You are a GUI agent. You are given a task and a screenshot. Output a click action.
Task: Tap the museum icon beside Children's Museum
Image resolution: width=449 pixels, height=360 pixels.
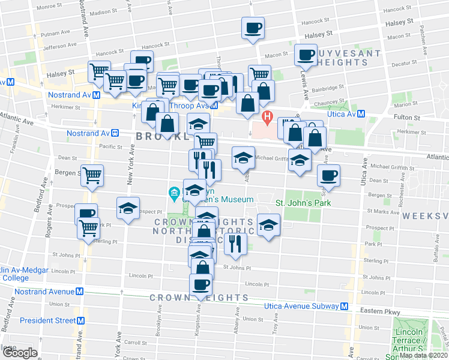(174, 193)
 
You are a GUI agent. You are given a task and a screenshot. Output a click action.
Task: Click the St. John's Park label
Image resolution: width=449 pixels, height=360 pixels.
(303, 203)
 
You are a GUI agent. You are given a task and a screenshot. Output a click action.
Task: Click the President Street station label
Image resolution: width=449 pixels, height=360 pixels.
(48, 320)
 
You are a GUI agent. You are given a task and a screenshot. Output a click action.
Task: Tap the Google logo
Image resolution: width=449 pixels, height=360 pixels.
(19, 353)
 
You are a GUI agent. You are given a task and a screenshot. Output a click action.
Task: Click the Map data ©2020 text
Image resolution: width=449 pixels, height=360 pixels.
(423, 355)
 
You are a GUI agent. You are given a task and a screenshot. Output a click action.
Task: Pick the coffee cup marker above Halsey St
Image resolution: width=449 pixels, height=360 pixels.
(253, 27)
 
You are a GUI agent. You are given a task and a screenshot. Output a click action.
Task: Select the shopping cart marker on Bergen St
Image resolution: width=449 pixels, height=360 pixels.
(92, 176)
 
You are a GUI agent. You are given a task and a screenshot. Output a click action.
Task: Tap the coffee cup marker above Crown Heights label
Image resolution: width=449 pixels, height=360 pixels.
(201, 284)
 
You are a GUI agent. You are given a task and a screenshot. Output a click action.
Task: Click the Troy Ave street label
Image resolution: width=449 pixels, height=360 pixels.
(276, 327)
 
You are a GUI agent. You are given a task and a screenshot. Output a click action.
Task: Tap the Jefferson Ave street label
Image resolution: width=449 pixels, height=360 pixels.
(59, 45)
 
